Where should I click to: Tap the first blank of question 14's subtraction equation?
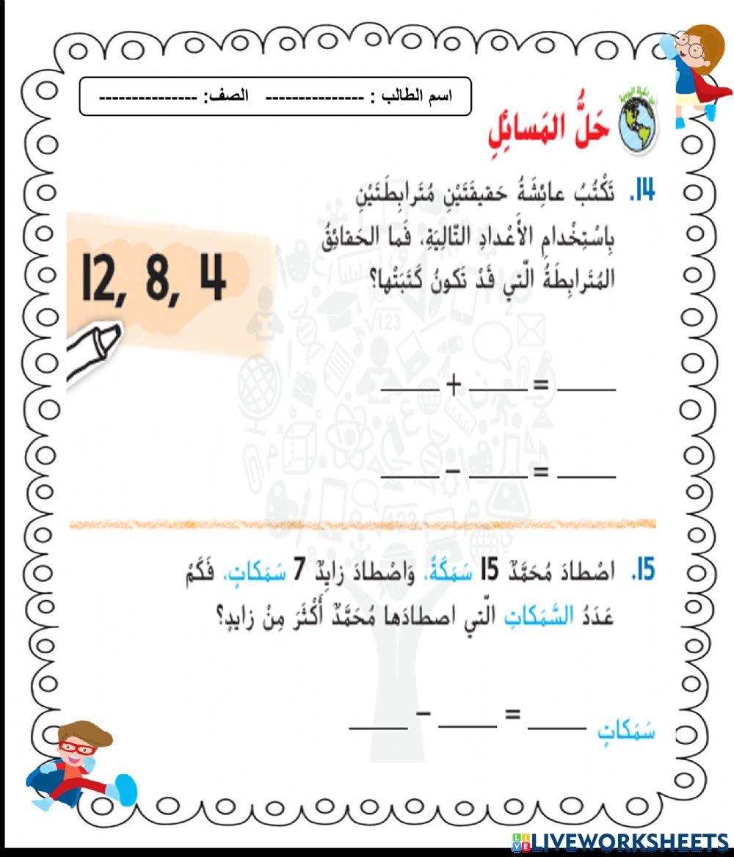tap(410, 475)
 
